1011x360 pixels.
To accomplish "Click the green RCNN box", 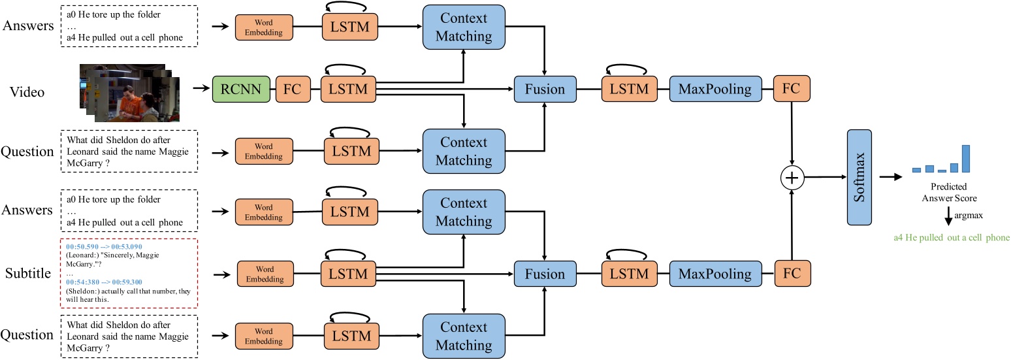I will point(241,89).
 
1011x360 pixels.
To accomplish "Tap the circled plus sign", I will point(792,177).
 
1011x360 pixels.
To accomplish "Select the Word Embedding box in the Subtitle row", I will point(265,274).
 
